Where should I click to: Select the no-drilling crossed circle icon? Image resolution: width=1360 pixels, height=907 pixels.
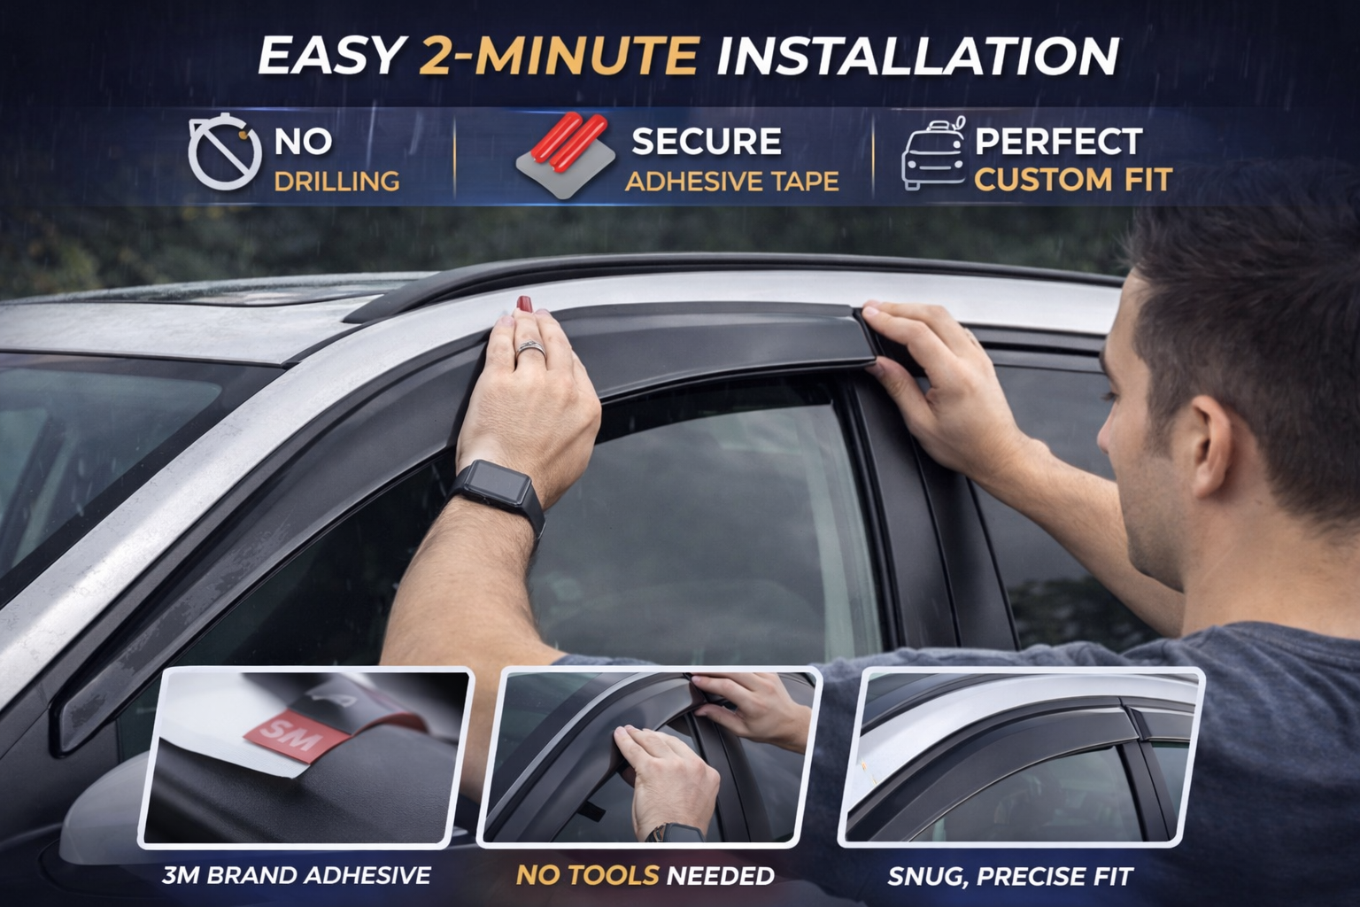tap(223, 152)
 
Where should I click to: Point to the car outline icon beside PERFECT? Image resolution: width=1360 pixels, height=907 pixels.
tap(933, 154)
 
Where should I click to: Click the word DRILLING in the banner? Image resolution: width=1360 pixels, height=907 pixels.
tap(336, 182)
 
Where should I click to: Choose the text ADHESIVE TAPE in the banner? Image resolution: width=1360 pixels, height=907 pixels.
tap(731, 182)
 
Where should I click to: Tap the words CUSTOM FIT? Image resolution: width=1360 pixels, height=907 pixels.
tap(1073, 181)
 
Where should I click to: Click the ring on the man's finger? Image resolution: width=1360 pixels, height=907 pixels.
tap(531, 350)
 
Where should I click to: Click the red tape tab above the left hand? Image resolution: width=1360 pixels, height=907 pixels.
tap(524, 304)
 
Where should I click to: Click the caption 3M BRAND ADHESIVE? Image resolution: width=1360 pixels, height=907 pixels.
tap(297, 876)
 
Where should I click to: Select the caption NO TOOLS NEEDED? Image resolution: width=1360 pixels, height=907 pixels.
tap(645, 876)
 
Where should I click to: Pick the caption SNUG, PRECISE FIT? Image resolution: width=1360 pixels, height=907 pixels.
tap(1010, 877)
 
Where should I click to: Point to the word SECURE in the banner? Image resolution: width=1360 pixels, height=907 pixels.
tap(706, 142)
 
